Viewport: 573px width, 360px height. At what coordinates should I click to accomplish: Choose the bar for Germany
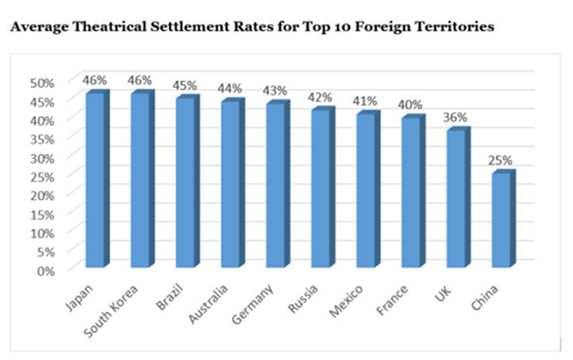point(275,185)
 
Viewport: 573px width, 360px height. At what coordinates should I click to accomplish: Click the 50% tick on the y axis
point(42,82)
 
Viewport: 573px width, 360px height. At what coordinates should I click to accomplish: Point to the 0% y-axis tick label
point(45,270)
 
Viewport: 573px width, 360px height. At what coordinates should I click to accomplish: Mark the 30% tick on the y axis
point(42,157)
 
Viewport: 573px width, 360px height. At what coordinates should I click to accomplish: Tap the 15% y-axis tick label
point(42,214)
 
